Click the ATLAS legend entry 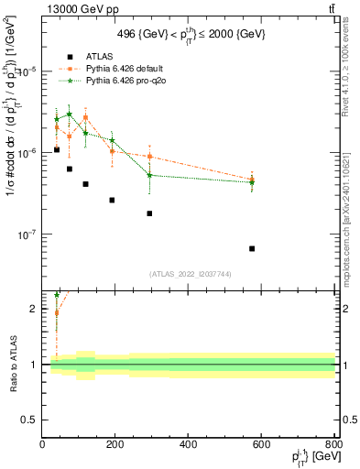coord(98,56)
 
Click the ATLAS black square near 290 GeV coord(149,213)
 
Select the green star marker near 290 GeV coord(149,175)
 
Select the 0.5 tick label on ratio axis coord(30,420)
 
